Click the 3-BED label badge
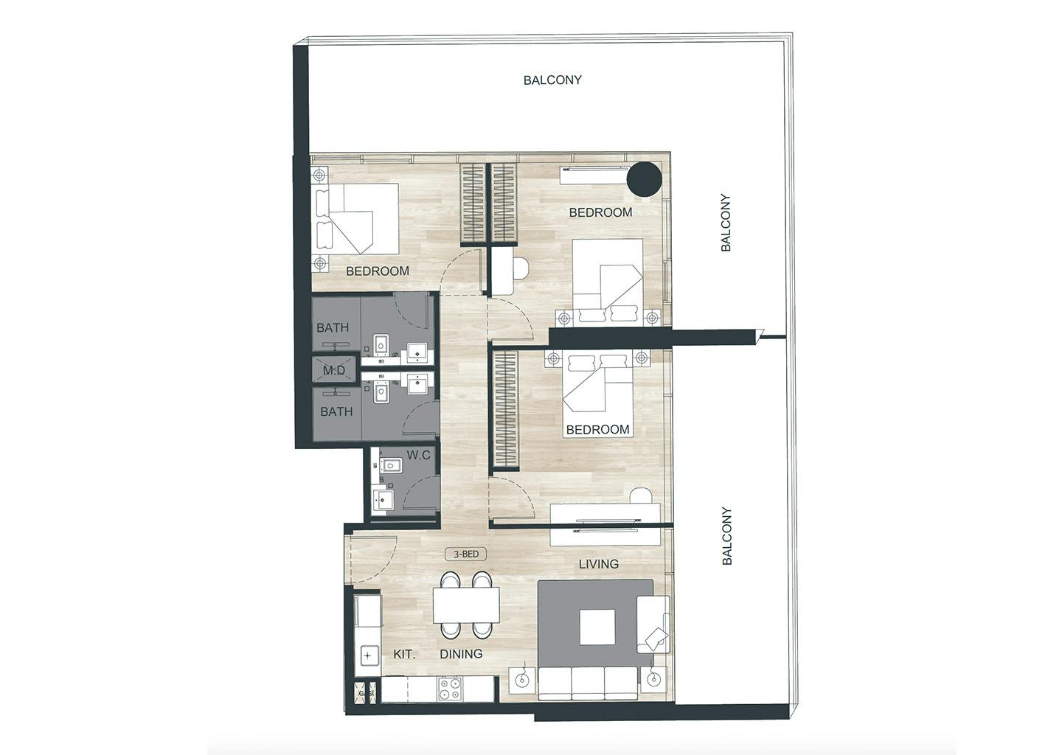click(x=465, y=554)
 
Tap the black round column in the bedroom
click(x=644, y=179)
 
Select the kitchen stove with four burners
click(x=449, y=689)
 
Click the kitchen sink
click(x=367, y=656)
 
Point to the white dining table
click(x=466, y=605)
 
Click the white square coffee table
click(x=597, y=627)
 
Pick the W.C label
click(x=418, y=456)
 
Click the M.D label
click(x=334, y=371)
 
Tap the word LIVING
click(x=598, y=564)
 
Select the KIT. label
click(x=404, y=655)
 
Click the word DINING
click(x=461, y=654)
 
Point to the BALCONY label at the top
click(x=552, y=80)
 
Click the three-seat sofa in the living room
click(x=589, y=683)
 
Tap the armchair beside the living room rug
click(x=653, y=624)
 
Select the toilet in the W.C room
click(x=389, y=466)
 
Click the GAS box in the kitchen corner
click(x=367, y=693)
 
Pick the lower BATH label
click(x=336, y=411)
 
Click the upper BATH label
click(x=333, y=327)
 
